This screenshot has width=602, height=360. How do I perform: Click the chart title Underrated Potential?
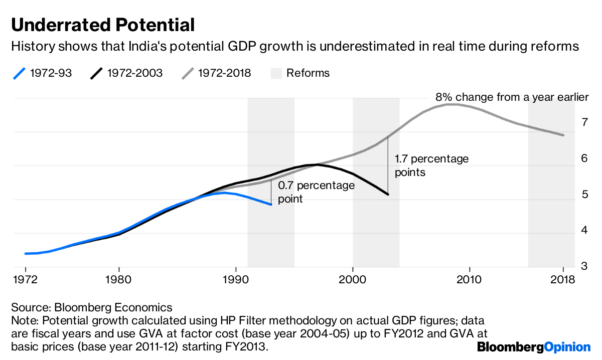103,25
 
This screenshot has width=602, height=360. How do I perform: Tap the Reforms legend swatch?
277,73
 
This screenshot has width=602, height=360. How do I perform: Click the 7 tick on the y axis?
584,122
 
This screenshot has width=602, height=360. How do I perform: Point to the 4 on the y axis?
584,231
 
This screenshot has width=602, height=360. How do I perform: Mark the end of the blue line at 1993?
271,205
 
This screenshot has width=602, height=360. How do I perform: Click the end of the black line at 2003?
388,195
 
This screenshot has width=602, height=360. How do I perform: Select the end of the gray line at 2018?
563,135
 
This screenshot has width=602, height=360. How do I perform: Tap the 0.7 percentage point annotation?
316,192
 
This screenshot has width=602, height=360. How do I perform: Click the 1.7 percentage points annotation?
431,165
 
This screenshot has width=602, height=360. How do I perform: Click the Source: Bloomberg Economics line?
91,307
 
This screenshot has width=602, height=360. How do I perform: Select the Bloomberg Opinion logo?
534,346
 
